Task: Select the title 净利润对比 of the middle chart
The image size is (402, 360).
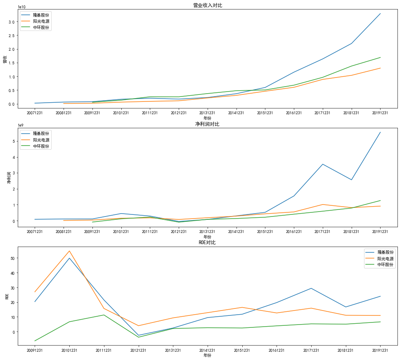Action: pyautogui.click(x=207, y=124)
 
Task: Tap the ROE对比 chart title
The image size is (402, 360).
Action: pyautogui.click(x=207, y=242)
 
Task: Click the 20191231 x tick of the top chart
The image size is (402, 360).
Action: pyautogui.click(x=380, y=113)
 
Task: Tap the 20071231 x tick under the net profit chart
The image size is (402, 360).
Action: pyautogui.click(x=35, y=232)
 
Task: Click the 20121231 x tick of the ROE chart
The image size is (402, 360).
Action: pyautogui.click(x=138, y=350)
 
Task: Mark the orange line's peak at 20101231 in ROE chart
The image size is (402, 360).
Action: pyautogui.click(x=69, y=251)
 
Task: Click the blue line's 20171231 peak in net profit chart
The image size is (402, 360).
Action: pyautogui.click(x=323, y=164)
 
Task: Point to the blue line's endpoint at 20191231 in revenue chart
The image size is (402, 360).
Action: pyautogui.click(x=380, y=14)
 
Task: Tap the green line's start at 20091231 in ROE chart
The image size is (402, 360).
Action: pyautogui.click(x=35, y=341)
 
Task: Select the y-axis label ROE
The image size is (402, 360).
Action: pyautogui.click(x=6, y=296)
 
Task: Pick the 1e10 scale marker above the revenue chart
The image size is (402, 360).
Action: pyautogui.click(x=22, y=7)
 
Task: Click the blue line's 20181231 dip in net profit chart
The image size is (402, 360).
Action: pyautogui.click(x=352, y=180)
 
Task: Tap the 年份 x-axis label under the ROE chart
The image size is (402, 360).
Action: pyautogui.click(x=207, y=355)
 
